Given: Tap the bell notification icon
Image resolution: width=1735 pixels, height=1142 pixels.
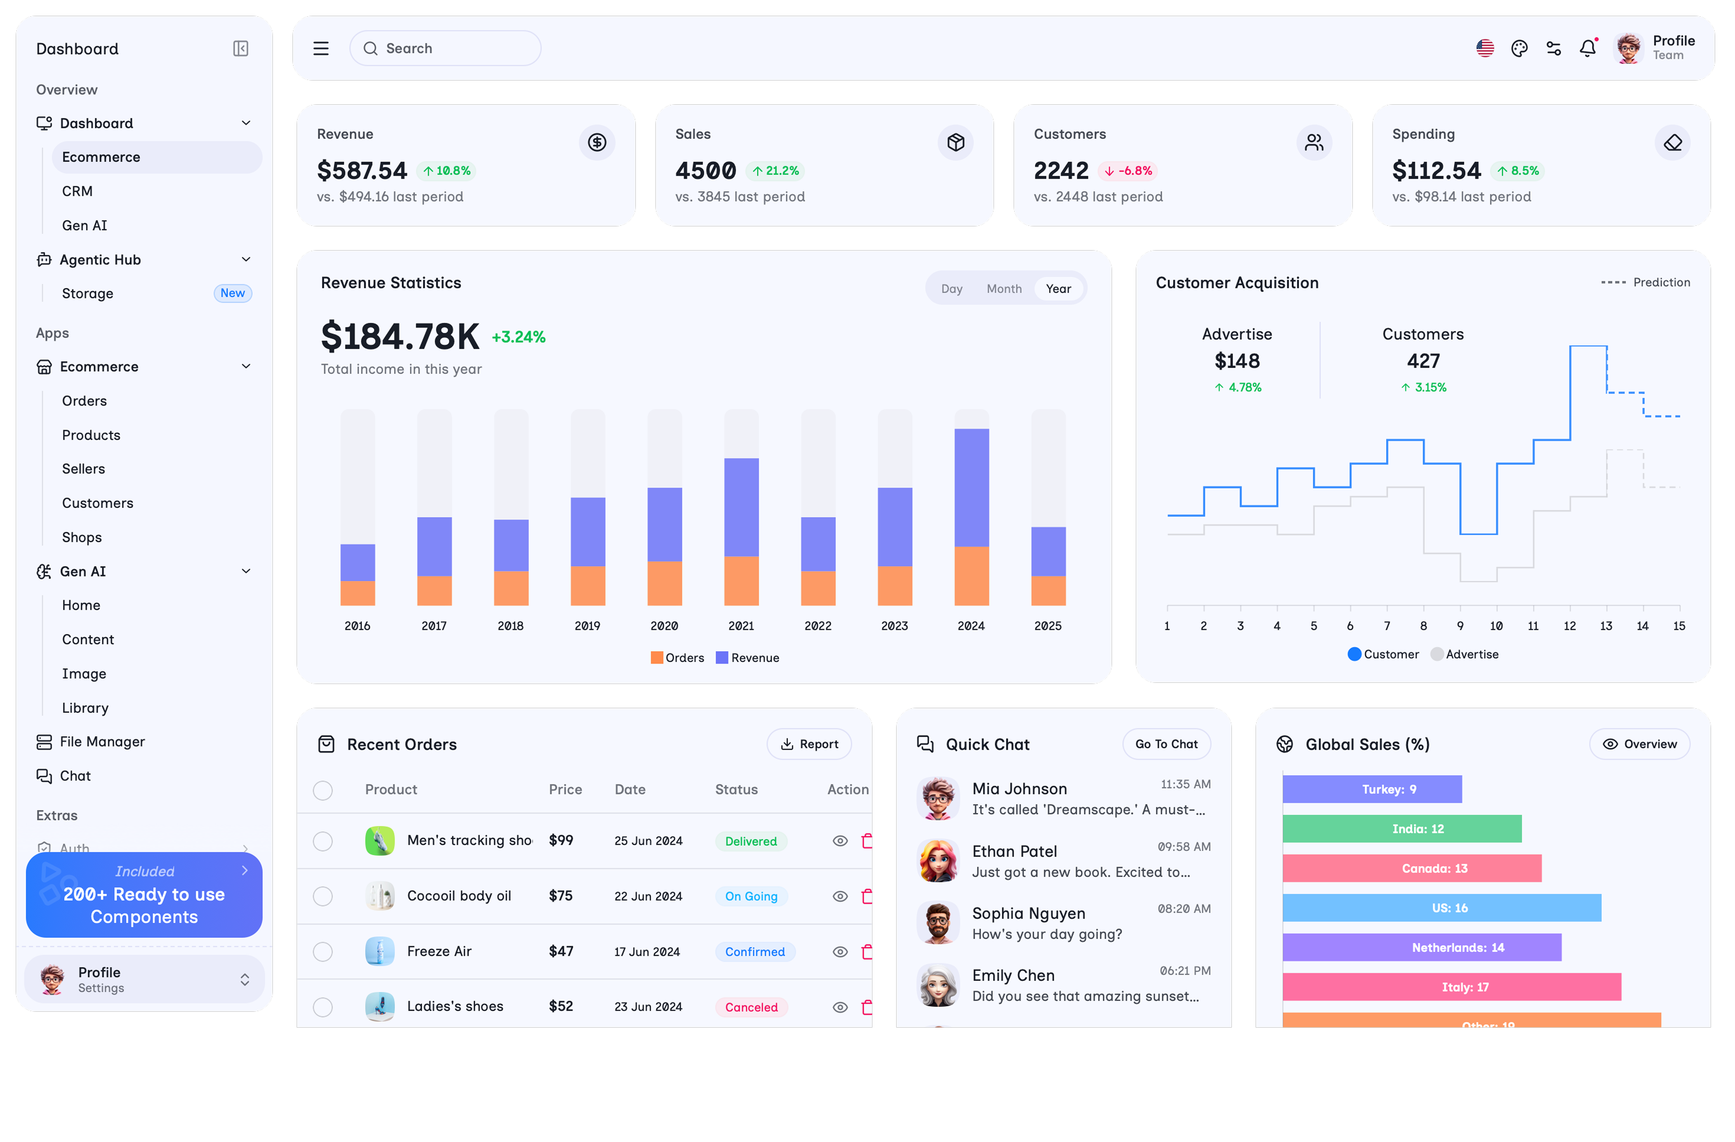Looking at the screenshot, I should pyautogui.click(x=1587, y=48).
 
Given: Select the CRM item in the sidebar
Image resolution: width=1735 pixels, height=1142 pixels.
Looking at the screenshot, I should pyautogui.click(x=77, y=191).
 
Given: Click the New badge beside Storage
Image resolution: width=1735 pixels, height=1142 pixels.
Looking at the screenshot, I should pyautogui.click(x=233, y=293).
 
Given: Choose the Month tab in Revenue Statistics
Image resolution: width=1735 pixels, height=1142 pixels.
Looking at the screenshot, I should pyautogui.click(x=1004, y=289).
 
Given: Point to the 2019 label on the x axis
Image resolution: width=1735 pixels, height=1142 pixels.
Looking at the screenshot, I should pyautogui.click(x=587, y=626).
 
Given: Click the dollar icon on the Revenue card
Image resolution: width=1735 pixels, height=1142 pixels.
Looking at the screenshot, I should pyautogui.click(x=597, y=142).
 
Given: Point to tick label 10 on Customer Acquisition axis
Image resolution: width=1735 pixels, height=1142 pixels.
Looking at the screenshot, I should pyautogui.click(x=1496, y=626).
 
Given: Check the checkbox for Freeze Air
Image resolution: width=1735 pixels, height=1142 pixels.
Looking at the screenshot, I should pyautogui.click(x=323, y=952).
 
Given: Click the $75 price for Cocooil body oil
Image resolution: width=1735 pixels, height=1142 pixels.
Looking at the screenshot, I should pyautogui.click(x=561, y=895).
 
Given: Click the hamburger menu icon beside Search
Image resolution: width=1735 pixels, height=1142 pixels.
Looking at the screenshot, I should pyautogui.click(x=321, y=48).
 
